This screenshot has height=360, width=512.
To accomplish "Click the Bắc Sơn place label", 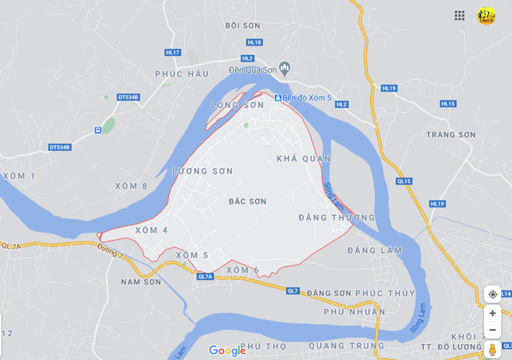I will click(x=247, y=201).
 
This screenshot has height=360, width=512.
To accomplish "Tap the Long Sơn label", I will click(x=238, y=105).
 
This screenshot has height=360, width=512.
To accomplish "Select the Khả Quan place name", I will click(x=303, y=159).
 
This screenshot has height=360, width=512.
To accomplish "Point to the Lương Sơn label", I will click(x=202, y=171).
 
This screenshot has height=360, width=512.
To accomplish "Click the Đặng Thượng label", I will click(x=337, y=218).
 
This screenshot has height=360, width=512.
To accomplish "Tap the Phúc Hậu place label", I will click(x=182, y=74).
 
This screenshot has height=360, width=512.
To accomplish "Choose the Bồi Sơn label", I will click(x=243, y=26).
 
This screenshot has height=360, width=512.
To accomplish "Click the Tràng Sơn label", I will click(x=451, y=135).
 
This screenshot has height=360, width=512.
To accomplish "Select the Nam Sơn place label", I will click(x=141, y=282).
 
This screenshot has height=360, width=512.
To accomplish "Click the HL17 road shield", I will click(x=173, y=52).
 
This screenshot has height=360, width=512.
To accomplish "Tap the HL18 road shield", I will click(x=254, y=42).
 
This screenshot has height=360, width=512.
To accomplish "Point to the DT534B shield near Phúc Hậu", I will click(x=128, y=97).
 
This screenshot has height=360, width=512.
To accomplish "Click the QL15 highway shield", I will click(x=404, y=181).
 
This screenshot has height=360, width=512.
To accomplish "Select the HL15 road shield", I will click(x=448, y=104).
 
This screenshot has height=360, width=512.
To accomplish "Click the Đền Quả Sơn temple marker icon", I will click(x=284, y=68).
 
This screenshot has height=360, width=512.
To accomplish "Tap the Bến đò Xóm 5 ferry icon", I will click(x=277, y=98).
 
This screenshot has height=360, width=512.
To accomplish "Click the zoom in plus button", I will click(x=492, y=313).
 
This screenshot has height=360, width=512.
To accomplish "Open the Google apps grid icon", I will click(x=460, y=15).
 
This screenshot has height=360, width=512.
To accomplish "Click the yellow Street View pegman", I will click(x=492, y=350).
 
